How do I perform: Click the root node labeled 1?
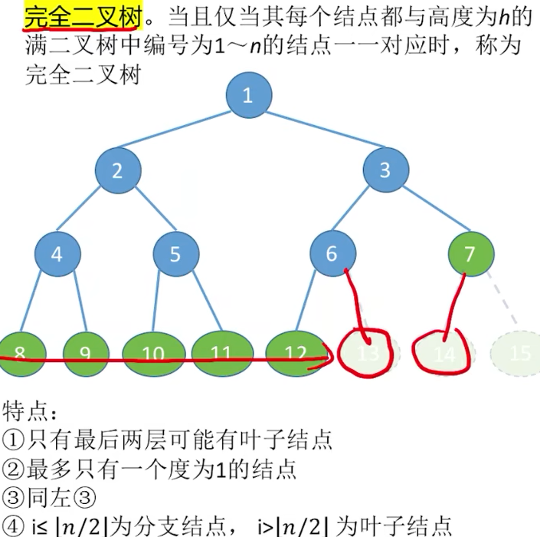coord(247,95)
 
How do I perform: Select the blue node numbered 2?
coord(117,170)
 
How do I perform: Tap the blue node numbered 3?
coord(385,170)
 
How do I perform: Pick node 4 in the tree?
coord(57,254)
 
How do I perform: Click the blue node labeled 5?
coord(175,254)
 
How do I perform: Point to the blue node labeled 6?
coord(332,254)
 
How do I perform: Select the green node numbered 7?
coord(470,254)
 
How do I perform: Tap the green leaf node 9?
coord(85,354)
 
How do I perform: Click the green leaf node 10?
coord(154,354)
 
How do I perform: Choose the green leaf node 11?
coord(222,354)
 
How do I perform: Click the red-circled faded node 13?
coord(369,354)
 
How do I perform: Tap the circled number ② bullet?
coord(13,467)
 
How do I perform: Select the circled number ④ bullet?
coord(13,527)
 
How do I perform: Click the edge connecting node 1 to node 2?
coord(182,132)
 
